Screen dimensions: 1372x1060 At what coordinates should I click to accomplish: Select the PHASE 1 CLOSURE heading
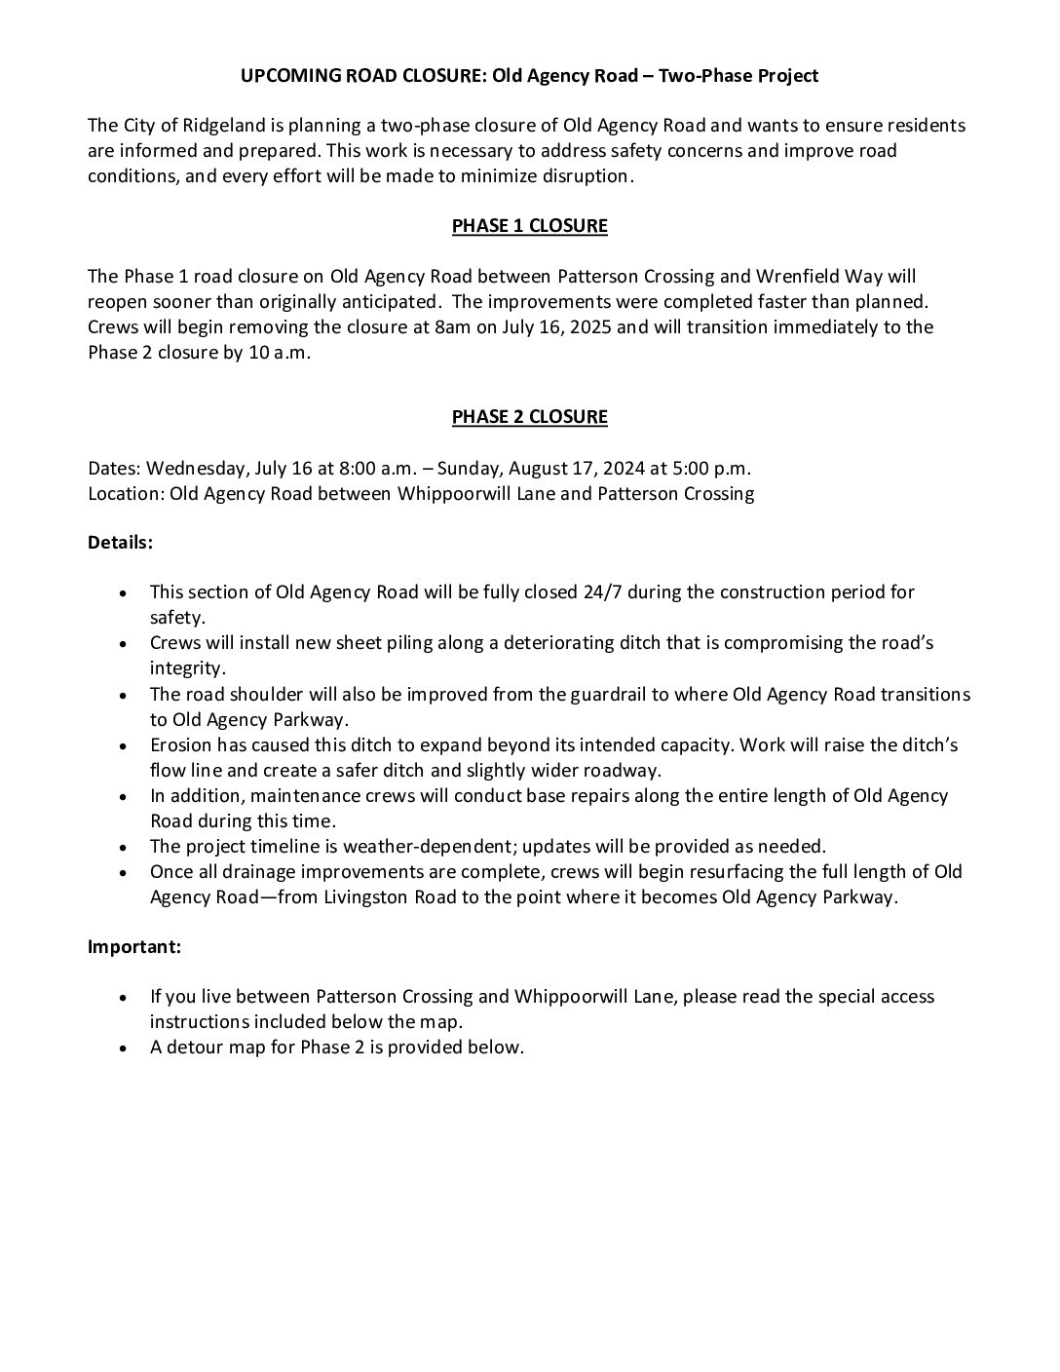529,226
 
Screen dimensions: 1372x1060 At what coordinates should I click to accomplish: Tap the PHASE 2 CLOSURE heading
529,417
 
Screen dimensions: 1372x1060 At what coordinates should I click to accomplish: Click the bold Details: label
120,543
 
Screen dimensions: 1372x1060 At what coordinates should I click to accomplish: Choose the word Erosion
181,745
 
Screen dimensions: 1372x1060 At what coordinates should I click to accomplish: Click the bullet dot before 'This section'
121,592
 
